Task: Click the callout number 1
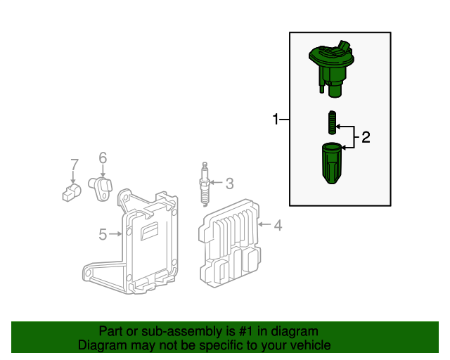point(276,120)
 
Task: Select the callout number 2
point(366,138)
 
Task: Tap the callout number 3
point(229,184)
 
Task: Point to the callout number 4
point(278,225)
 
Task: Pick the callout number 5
point(103,234)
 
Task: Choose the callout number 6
point(102,158)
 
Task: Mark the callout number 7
point(74,166)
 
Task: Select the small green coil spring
point(332,125)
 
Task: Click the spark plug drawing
point(205,185)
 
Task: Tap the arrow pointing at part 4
point(263,225)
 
